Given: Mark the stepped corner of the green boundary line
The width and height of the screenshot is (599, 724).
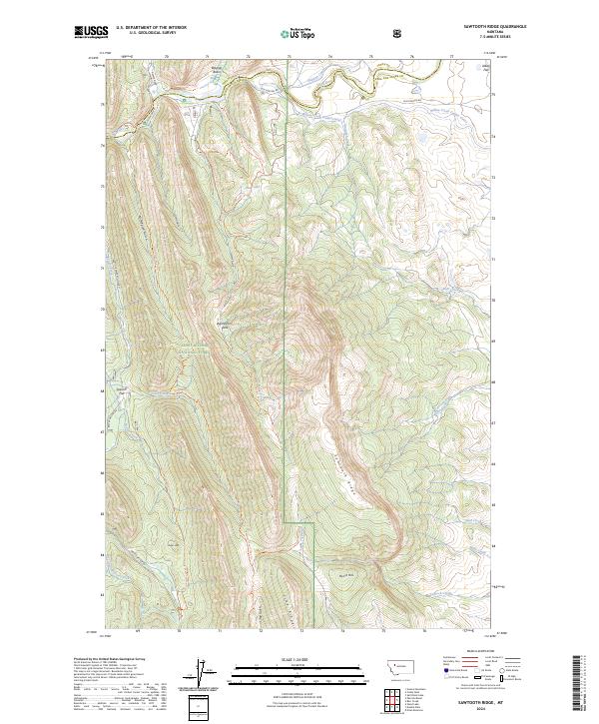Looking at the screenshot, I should click(x=289, y=520).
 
